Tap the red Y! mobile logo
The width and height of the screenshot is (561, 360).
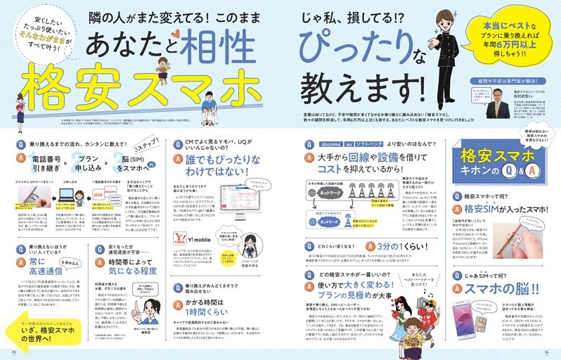(189, 236)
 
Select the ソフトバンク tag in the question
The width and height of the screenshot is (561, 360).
(369, 143)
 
